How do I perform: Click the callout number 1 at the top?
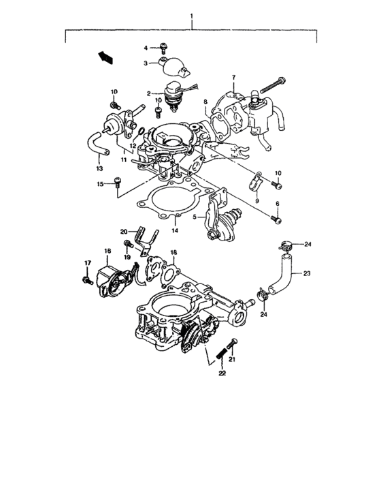pyautogui.click(x=192, y=15)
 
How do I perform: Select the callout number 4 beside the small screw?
pyautogui.click(x=146, y=48)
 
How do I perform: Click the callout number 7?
pyautogui.click(x=233, y=78)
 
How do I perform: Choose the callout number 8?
pyautogui.click(x=205, y=102)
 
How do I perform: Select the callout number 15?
pyautogui.click(x=98, y=184)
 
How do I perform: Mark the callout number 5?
pyautogui.click(x=195, y=218)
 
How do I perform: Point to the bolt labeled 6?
pyautogui.click(x=275, y=219)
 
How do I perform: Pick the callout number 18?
pyautogui.click(x=174, y=252)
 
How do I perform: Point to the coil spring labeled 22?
pyautogui.click(x=220, y=356)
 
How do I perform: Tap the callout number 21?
pyautogui.click(x=232, y=359)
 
